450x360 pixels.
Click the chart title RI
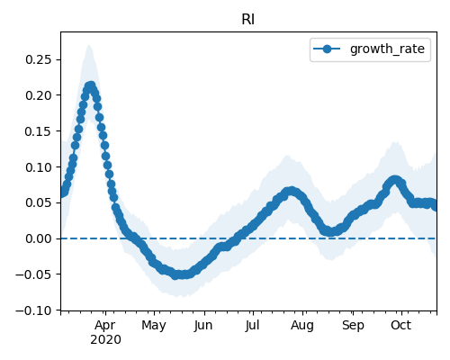point(248,20)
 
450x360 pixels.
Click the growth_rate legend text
point(387,49)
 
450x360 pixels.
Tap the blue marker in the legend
point(327,49)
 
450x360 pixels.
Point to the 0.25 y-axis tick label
point(39,59)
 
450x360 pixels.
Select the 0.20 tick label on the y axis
point(39,95)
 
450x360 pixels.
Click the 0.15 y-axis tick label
point(39,131)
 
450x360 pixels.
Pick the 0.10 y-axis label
point(39,167)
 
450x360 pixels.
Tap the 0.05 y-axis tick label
point(39,202)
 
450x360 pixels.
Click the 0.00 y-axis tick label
point(39,238)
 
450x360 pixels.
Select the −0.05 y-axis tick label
point(33,274)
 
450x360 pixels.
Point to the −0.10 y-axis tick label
point(33,310)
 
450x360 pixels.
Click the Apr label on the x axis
point(105,326)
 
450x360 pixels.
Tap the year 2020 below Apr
point(105,339)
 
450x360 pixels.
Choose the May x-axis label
point(154,326)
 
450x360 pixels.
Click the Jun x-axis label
point(203,326)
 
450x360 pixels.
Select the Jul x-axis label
point(252,326)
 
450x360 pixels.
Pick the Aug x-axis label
point(302,326)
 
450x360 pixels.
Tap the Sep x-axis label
point(353,326)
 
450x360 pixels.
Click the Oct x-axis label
point(400,325)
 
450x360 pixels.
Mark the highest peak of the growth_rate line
point(91,85)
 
